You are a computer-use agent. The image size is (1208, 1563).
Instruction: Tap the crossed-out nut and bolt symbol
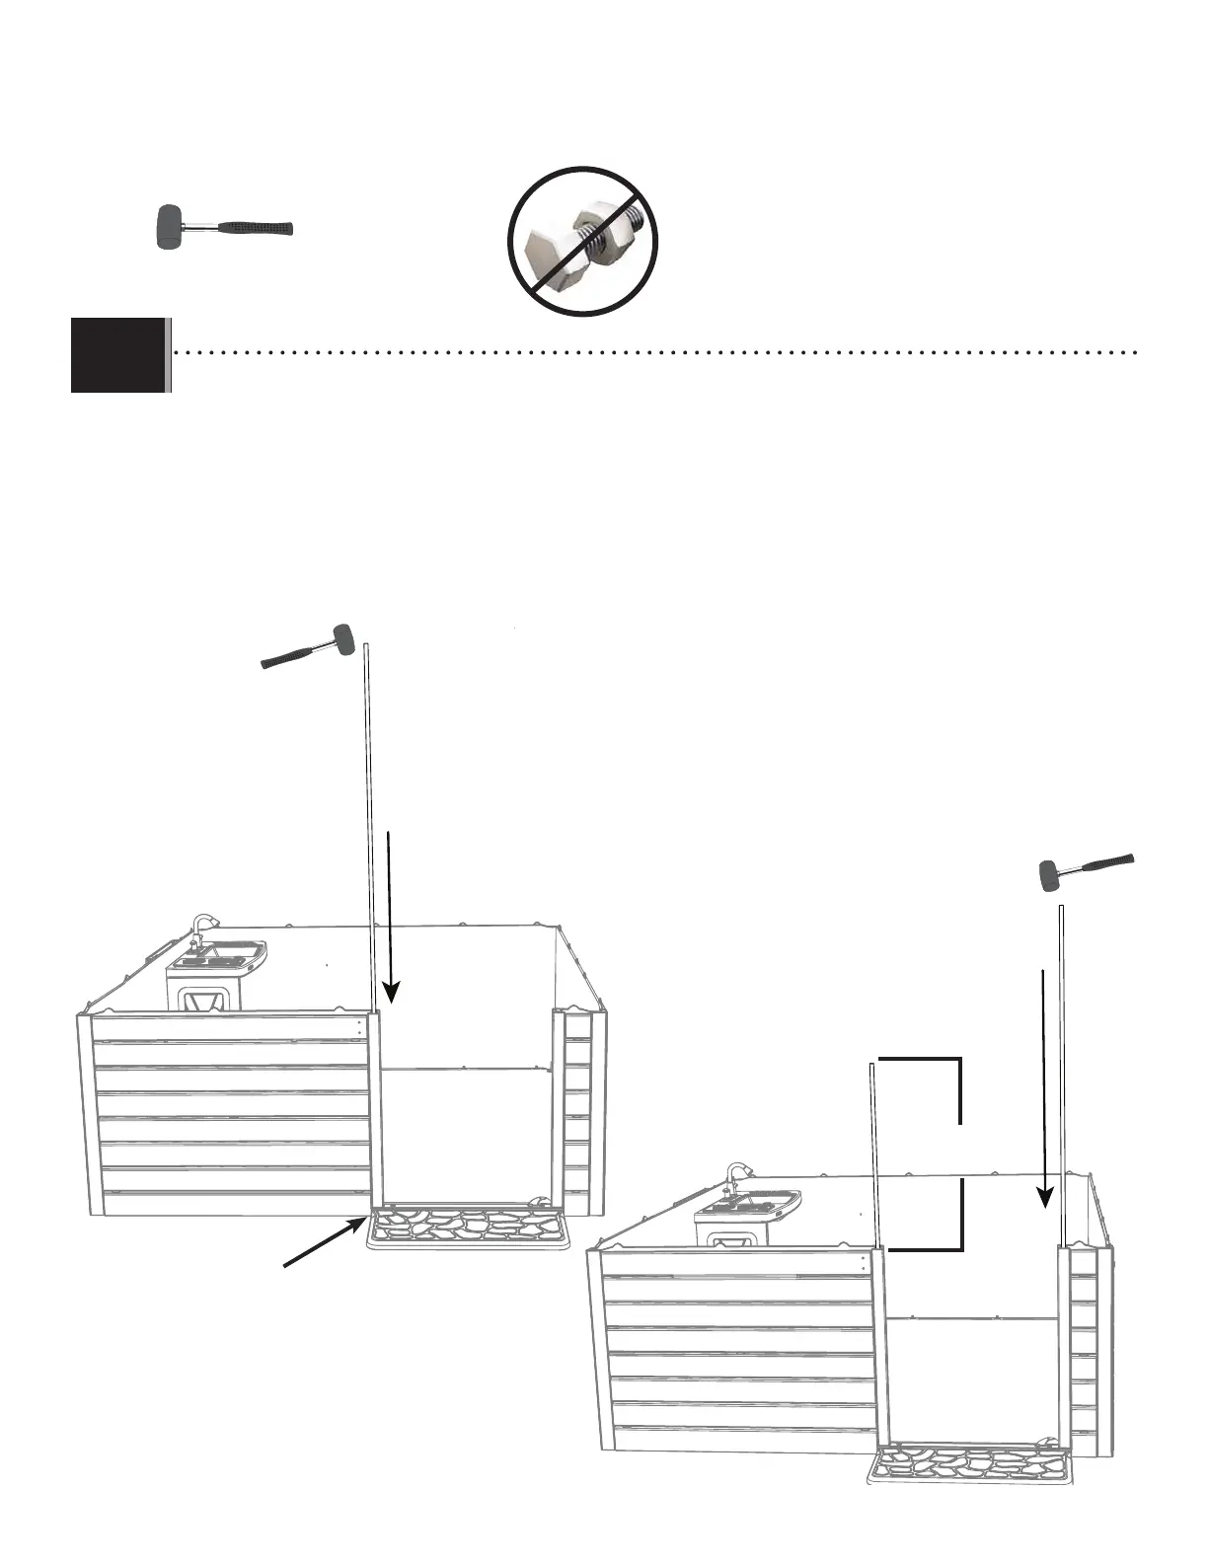point(583,241)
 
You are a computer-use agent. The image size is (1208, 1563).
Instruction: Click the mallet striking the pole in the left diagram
point(307,647)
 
